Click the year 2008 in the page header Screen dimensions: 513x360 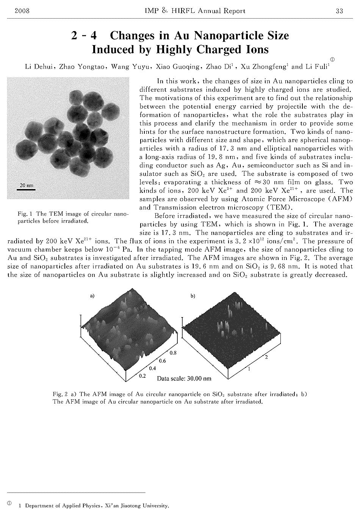point(22,11)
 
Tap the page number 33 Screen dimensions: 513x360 point(339,11)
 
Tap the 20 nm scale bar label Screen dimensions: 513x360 point(27,186)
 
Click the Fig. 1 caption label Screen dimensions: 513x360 point(25,214)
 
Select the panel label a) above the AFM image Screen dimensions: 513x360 point(92,296)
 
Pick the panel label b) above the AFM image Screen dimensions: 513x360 point(193,296)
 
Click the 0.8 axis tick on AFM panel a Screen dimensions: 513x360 point(173,353)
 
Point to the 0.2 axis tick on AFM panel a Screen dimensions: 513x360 point(143,376)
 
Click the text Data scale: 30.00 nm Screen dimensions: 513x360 point(184,378)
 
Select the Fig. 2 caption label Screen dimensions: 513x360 point(60,394)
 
